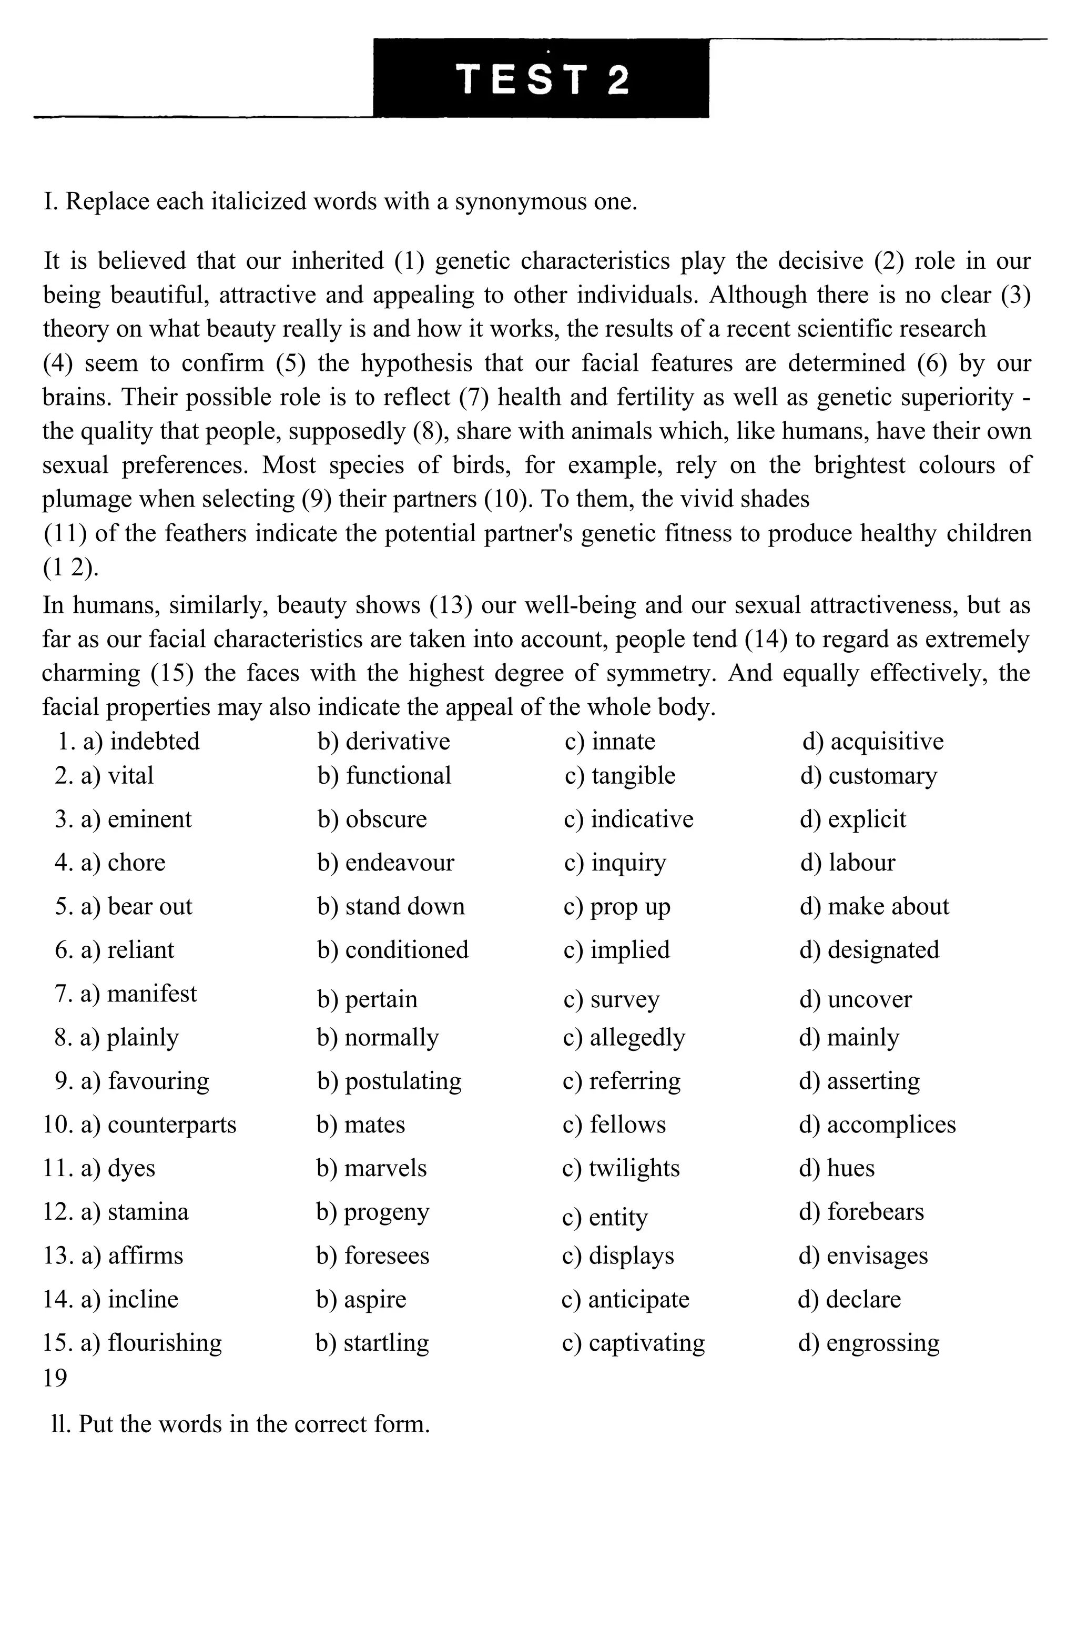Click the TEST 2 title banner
coord(541,78)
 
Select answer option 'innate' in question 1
coord(622,741)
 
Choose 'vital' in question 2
coord(130,775)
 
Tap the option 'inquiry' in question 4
coord(628,863)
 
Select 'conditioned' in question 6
coord(406,949)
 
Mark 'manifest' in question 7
coord(152,994)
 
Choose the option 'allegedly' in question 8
coord(637,1037)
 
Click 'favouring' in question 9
coord(158,1081)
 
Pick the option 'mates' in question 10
coord(374,1124)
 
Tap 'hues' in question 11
coord(850,1168)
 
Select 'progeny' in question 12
coord(386,1212)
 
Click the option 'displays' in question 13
coord(631,1256)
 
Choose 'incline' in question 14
coord(143,1299)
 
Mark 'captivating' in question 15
coord(646,1342)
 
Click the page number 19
coord(55,1378)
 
